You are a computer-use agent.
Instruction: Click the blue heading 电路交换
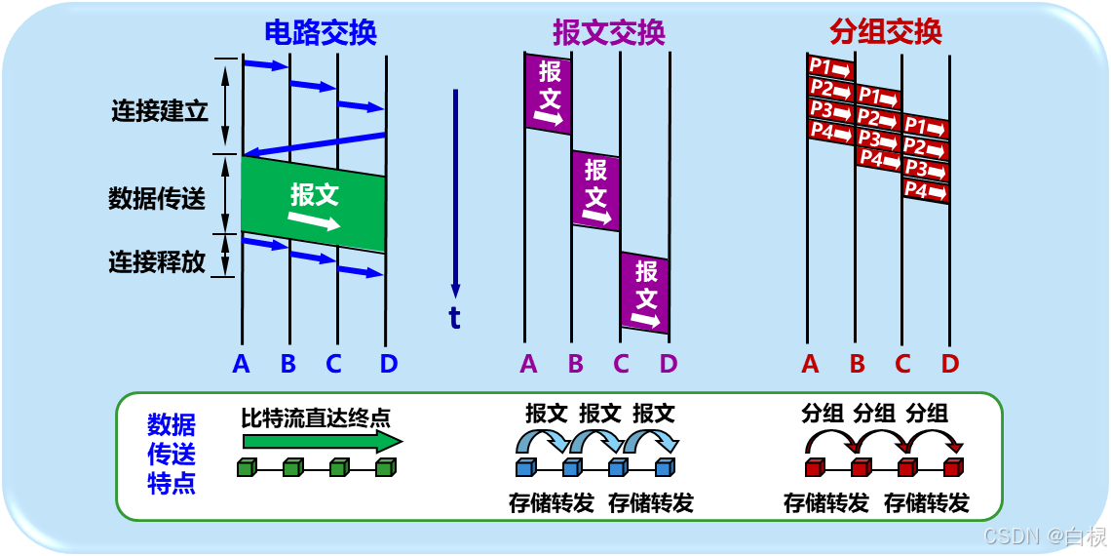tap(321, 33)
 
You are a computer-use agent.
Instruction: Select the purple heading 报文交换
tap(609, 33)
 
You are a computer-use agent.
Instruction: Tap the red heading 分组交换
tap(886, 33)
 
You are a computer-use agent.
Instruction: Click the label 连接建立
tap(160, 110)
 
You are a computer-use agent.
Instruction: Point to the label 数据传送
tap(157, 199)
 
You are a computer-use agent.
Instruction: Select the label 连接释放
tap(157, 261)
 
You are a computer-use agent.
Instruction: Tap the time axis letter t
tap(454, 318)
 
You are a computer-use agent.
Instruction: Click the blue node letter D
tap(389, 364)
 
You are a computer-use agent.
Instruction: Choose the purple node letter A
tap(528, 364)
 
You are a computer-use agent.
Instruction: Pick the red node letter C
tap(902, 364)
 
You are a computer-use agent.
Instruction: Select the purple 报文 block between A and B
tap(550, 93)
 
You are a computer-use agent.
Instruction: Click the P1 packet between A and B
tap(830, 67)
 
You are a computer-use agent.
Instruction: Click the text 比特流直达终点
tap(316, 418)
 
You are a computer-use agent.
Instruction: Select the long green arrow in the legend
tap(322, 442)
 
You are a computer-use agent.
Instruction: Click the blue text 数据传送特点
tap(172, 454)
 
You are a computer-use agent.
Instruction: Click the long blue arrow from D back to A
tap(314, 143)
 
